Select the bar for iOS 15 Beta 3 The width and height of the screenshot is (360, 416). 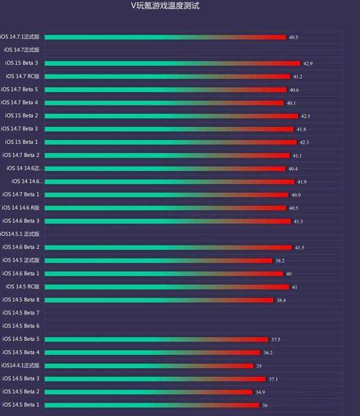coord(172,63)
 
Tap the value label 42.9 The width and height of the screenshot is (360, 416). coord(308,63)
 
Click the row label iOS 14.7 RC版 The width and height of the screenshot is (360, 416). coord(23,76)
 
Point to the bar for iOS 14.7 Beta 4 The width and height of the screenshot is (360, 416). coord(164,103)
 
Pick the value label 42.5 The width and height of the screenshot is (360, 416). coord(305,116)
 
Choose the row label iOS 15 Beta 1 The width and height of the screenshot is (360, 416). coord(22,142)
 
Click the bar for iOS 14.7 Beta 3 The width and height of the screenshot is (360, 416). coord(169,129)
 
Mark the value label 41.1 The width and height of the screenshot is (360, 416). coord(296,155)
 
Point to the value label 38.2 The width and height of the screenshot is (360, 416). coord(280,261)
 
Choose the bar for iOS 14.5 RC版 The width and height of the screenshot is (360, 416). coord(166,287)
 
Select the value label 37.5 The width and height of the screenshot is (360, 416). coord(275,339)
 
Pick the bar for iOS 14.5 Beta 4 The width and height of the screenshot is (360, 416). coord(152,352)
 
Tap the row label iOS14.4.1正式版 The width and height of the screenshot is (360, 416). coord(20,366)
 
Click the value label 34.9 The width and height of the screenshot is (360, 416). coord(260,392)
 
